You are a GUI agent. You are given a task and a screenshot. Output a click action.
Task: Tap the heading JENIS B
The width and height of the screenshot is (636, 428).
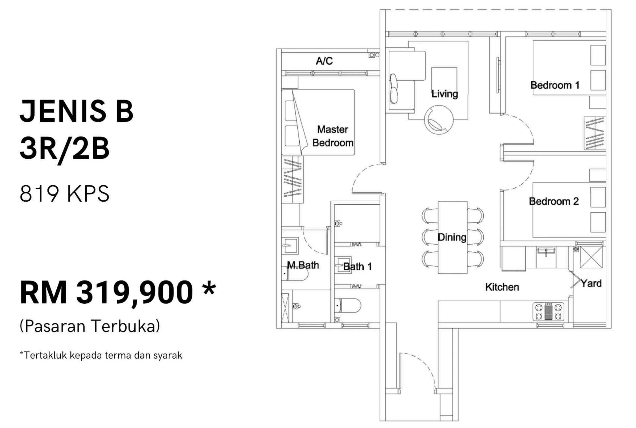tap(77, 111)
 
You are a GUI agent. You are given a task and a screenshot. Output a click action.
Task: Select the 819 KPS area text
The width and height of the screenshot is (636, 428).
tap(65, 194)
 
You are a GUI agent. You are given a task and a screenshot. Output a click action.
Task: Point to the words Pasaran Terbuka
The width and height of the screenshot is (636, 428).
tap(90, 326)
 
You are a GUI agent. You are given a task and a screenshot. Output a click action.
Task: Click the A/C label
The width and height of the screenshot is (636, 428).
tap(324, 61)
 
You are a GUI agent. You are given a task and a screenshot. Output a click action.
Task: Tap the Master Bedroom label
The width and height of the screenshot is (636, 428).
tap(333, 136)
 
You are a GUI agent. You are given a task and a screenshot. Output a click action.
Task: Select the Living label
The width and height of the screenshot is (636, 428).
tap(444, 94)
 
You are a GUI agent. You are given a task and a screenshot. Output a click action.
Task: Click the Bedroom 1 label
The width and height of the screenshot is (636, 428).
tap(555, 85)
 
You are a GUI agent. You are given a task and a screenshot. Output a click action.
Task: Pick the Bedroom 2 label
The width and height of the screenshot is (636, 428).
tap(554, 202)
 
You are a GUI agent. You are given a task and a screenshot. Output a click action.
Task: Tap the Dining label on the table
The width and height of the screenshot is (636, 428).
tap(452, 237)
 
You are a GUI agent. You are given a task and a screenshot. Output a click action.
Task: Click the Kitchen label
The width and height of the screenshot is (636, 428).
tap(502, 287)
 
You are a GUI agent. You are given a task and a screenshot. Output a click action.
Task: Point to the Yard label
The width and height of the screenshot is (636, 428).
tap(591, 284)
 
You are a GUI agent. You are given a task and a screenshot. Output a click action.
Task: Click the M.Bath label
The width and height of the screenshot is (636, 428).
tap(303, 265)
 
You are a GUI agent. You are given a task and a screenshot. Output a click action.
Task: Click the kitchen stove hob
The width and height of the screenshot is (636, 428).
tap(548, 311)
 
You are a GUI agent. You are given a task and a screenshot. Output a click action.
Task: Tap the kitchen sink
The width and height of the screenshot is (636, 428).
tap(546, 251)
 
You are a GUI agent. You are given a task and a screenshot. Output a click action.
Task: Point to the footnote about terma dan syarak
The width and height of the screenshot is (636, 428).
tap(101, 355)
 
